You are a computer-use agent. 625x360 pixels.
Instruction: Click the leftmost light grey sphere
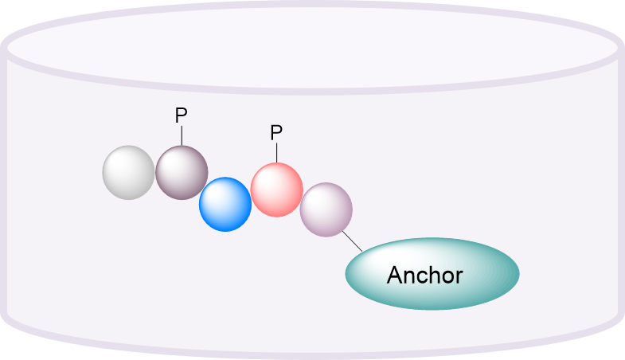pos(128,172)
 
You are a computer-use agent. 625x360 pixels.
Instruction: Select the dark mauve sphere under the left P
pos(182,172)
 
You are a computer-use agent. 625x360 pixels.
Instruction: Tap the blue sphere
pos(225,204)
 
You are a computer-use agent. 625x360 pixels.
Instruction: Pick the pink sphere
pos(277,190)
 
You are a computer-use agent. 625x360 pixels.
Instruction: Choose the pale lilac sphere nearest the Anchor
pos(326,209)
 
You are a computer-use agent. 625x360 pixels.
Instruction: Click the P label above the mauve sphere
pos(181,116)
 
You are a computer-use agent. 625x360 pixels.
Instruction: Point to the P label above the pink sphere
pos(276,132)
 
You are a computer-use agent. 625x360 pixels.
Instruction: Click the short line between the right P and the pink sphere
pos(277,153)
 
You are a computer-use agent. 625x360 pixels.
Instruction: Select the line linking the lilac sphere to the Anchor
pos(352,241)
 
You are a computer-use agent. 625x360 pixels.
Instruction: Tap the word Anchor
pos(424,276)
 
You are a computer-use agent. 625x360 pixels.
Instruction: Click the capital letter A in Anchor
pos(395,276)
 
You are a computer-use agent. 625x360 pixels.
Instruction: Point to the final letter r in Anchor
pos(459,277)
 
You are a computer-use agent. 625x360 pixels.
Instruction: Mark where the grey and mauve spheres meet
pos(155,172)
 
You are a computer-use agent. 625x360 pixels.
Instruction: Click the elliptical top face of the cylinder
pos(312,48)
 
